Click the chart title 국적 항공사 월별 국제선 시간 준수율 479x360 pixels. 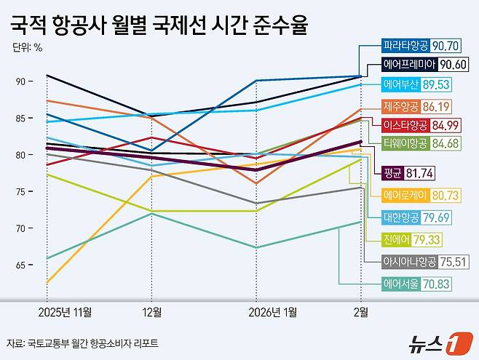coord(159,27)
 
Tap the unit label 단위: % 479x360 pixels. coord(27,49)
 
